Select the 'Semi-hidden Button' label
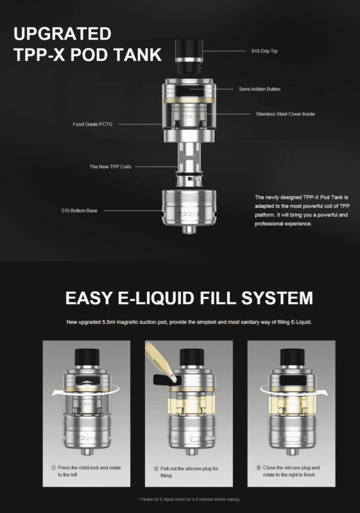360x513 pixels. [259, 89]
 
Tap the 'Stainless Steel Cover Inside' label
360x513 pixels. [285, 114]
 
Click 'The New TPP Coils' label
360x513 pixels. [110, 167]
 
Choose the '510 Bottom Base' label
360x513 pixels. [79, 210]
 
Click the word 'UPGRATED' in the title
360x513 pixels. [63, 33]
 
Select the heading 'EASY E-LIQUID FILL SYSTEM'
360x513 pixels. [189, 298]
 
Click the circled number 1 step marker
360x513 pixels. [53, 468]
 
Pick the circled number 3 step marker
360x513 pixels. [259, 468]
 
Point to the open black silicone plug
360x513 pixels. [162, 379]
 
